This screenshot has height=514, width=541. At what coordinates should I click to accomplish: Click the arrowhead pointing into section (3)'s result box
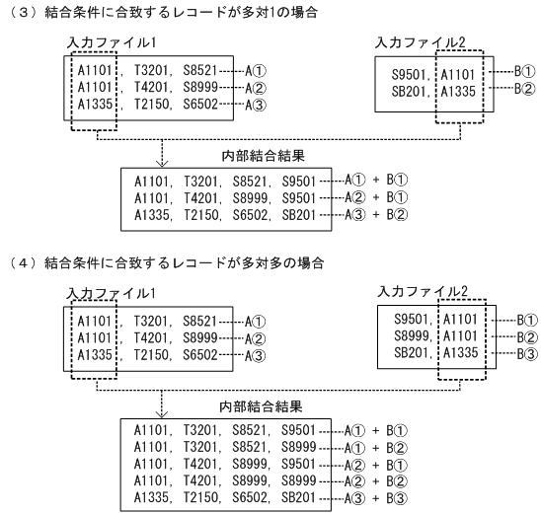point(135,162)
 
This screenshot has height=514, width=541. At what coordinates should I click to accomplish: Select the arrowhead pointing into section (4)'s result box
point(135,412)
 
